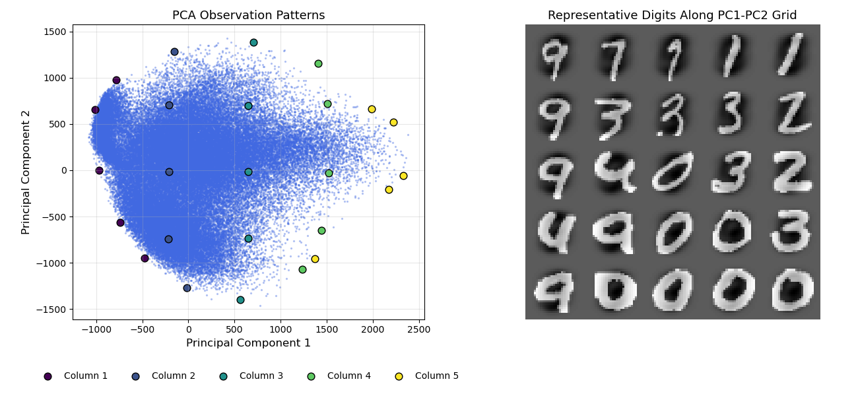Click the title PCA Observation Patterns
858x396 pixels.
coord(248,15)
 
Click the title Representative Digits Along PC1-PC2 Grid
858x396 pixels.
coord(672,15)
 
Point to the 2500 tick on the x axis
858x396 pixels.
coord(419,329)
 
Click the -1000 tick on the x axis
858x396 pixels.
coord(96,329)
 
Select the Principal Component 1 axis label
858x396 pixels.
coord(248,343)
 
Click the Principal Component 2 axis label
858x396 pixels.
coord(26,172)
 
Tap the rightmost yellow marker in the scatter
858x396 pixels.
coord(403,176)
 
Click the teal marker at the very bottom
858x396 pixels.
coord(240,300)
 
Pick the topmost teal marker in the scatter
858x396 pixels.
coord(253,42)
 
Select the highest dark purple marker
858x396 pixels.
coord(116,80)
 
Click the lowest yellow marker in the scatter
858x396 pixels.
coord(315,259)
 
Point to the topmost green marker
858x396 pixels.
coord(318,63)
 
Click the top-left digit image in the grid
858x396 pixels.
coord(555,54)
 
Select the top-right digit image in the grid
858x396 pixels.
coord(791,54)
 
